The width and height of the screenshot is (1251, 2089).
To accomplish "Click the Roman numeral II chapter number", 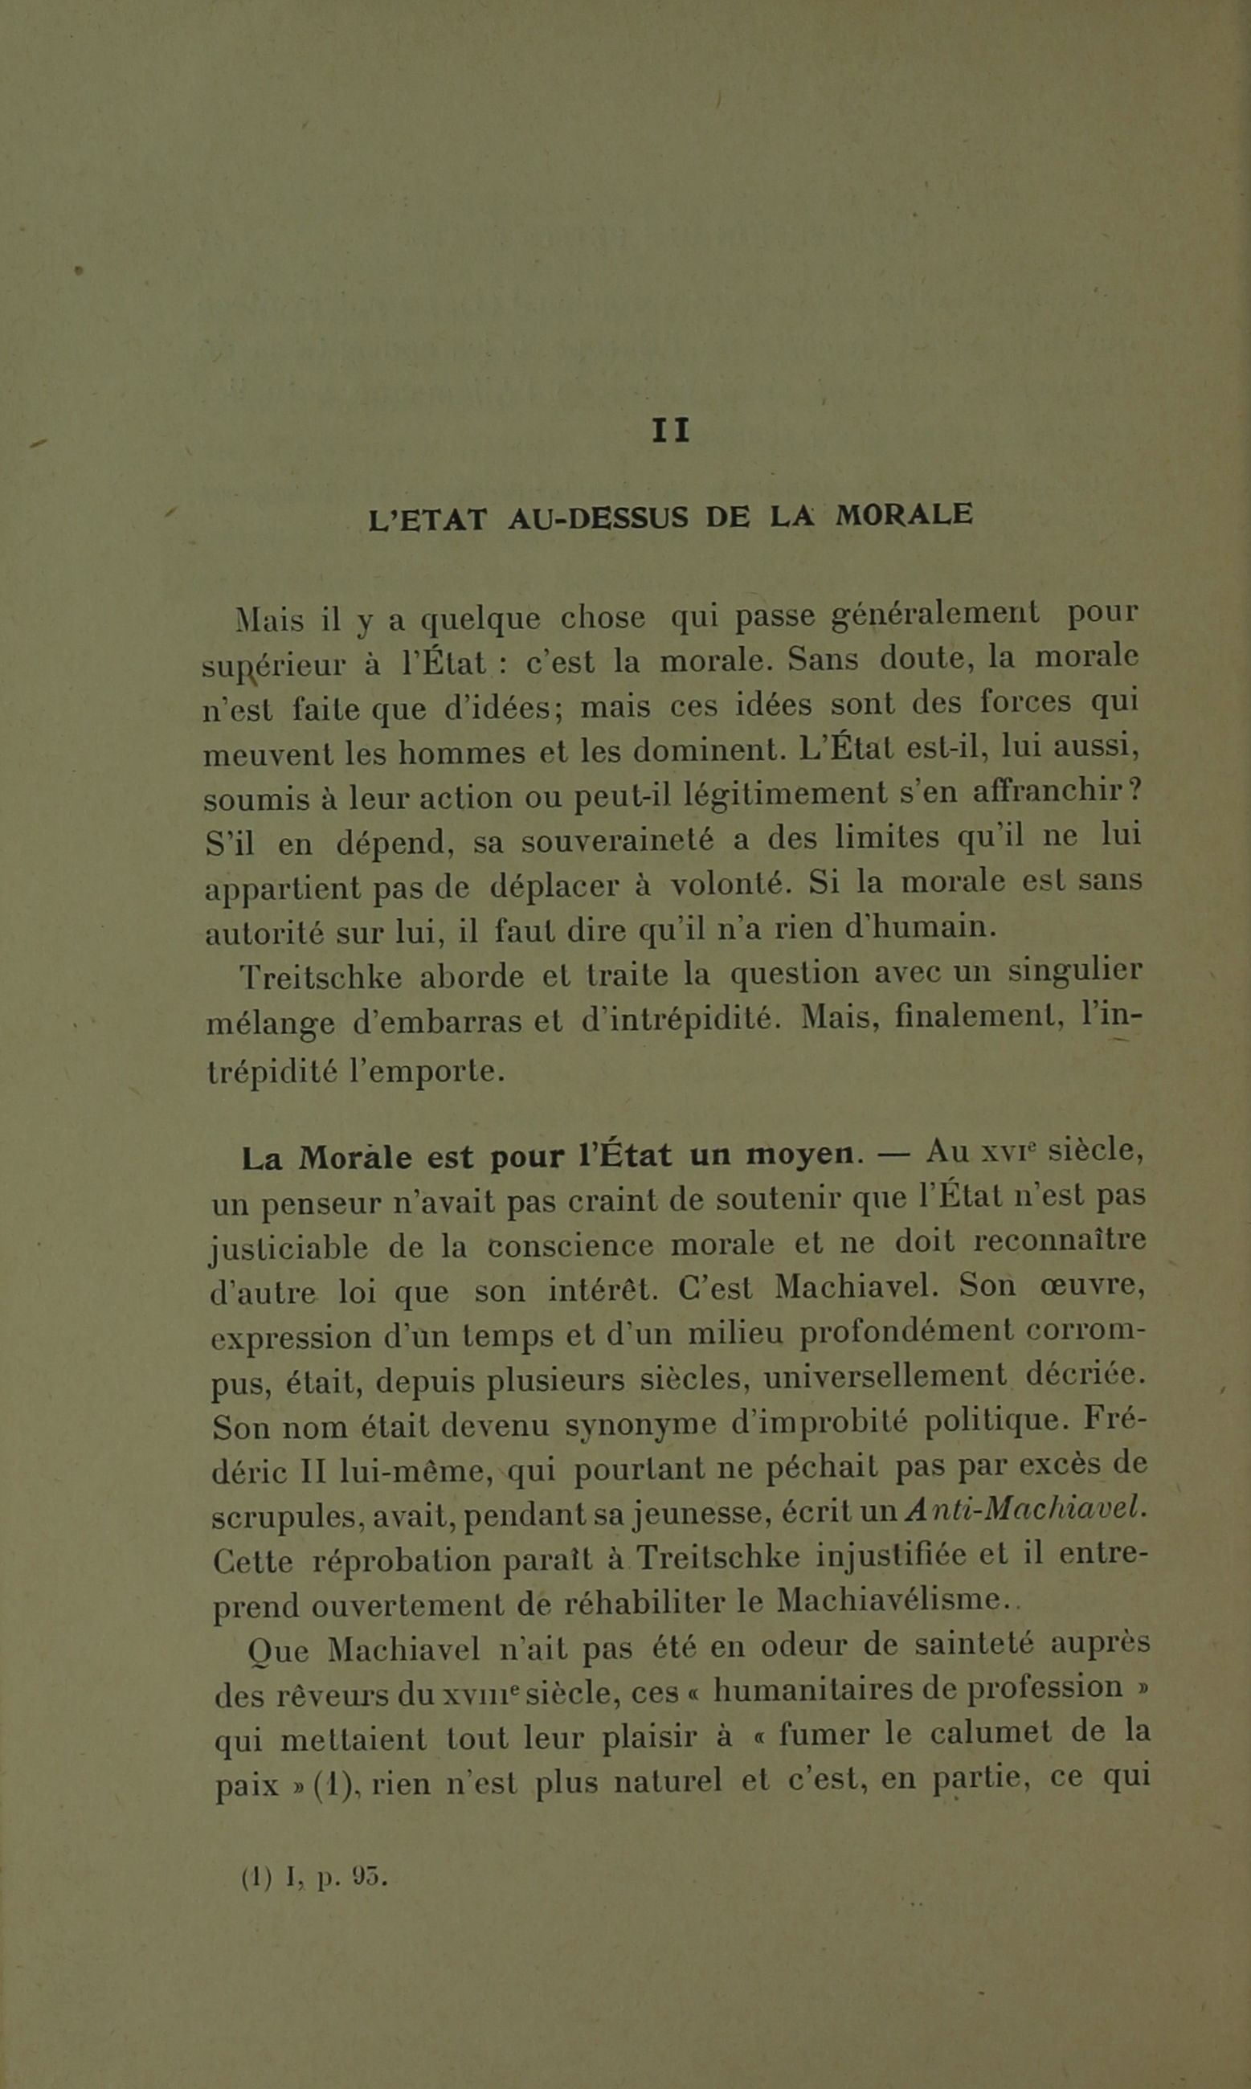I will pos(670,431).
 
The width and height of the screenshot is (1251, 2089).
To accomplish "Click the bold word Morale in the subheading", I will pos(355,1159).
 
